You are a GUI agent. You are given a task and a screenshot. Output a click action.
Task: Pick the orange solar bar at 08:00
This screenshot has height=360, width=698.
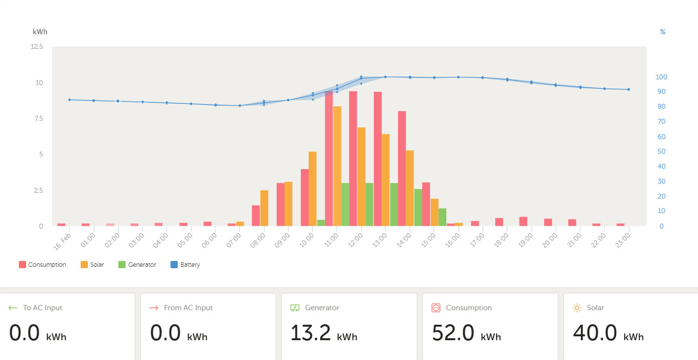coord(264,208)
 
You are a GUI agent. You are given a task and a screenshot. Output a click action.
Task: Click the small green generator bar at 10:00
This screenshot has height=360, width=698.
coord(321,223)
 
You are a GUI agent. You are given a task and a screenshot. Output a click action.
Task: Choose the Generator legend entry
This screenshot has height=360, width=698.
coord(137,265)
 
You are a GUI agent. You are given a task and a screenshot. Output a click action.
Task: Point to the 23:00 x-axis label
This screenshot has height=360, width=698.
coord(623,240)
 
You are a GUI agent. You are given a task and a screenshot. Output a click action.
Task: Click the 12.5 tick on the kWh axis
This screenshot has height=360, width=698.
coord(37,47)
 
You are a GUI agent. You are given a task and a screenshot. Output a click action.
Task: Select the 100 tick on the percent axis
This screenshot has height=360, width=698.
coord(661,77)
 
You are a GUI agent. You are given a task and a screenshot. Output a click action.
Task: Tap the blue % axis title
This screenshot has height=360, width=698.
coord(662,32)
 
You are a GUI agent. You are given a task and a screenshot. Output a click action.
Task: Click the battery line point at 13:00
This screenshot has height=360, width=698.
coord(385,77)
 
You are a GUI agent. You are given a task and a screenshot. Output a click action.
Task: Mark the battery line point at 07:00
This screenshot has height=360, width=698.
coord(240,105)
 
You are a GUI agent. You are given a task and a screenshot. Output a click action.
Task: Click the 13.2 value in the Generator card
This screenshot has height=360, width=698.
coord(311,333)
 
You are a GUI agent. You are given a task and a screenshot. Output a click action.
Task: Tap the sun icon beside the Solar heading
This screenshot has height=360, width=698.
coord(577,308)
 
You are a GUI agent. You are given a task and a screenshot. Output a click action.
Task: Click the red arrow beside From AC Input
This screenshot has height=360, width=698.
coord(154,308)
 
